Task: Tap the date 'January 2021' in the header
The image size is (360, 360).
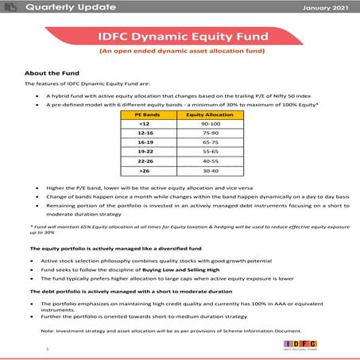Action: [x=327, y=8]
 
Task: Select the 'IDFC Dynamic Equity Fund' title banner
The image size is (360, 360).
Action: [x=180, y=36]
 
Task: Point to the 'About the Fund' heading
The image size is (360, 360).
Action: [x=52, y=72]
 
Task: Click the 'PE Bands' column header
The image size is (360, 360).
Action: [x=144, y=115]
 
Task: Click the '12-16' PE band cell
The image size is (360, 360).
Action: [x=144, y=136]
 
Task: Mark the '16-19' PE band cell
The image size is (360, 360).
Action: [x=144, y=148]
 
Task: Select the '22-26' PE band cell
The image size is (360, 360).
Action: [x=144, y=170]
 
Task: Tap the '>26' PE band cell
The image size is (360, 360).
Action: [x=144, y=182]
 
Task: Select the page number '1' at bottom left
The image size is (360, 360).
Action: [x=47, y=346]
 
